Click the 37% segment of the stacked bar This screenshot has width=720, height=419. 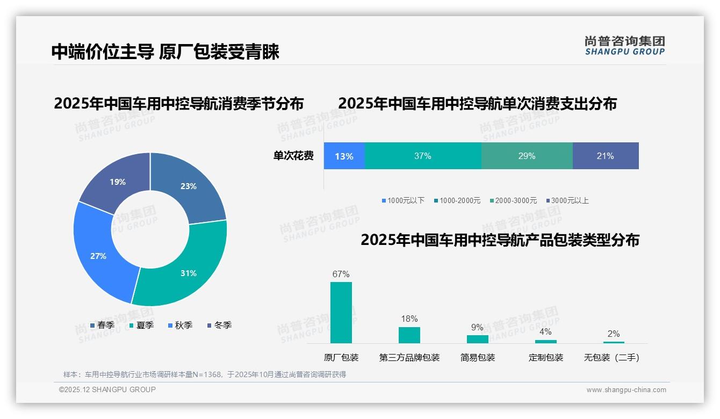[423, 156]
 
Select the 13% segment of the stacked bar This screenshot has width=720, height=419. [344, 156]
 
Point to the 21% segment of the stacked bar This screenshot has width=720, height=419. [606, 156]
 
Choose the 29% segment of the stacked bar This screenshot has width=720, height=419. [527, 156]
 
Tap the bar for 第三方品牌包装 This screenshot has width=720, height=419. [409, 335]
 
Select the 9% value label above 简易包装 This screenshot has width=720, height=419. [477, 328]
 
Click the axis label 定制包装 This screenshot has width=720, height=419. [545, 358]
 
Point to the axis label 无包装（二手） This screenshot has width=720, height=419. [611, 358]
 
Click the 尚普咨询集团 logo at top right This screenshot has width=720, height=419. [624, 46]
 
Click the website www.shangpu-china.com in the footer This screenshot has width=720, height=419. [626, 390]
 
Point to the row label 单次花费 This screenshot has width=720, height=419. [293, 156]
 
